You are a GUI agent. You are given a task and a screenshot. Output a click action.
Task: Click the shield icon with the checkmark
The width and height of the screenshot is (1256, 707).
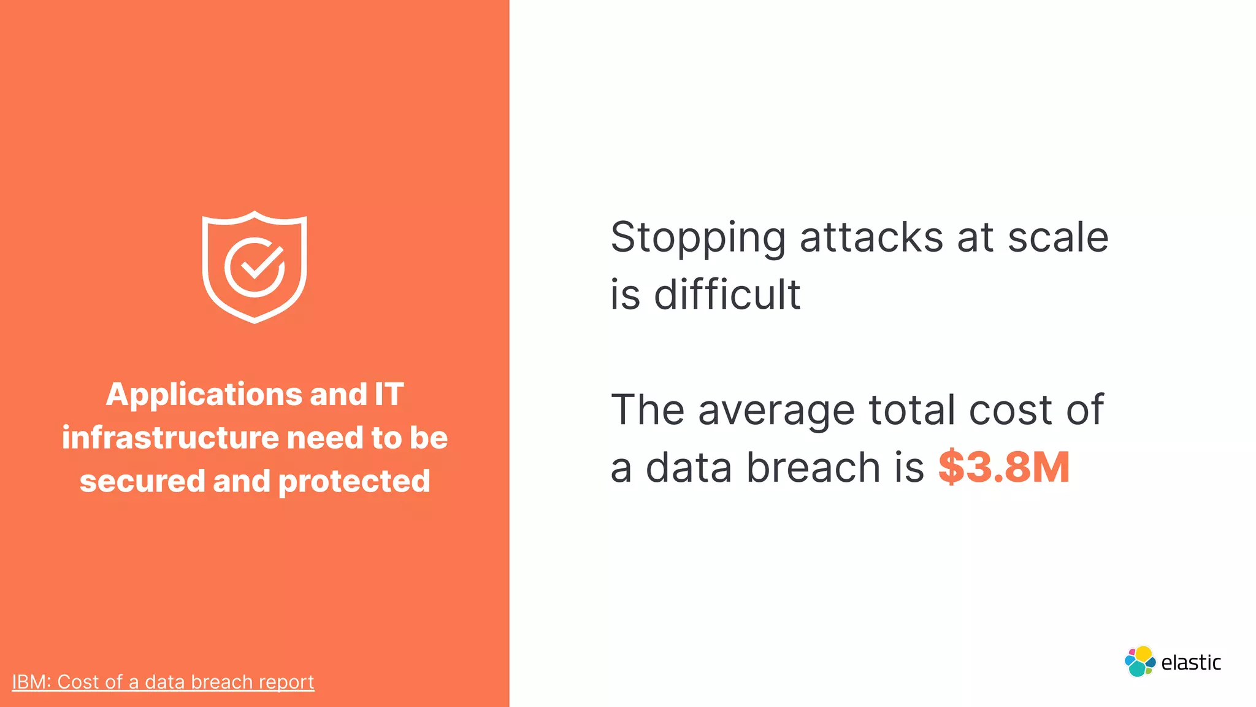click(255, 267)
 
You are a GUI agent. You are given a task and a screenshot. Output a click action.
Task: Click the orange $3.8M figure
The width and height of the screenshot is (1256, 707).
click(1004, 468)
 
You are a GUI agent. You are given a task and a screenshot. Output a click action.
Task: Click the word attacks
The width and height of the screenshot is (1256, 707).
click(871, 238)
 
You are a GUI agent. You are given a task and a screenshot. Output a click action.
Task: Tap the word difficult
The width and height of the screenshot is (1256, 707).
click(727, 295)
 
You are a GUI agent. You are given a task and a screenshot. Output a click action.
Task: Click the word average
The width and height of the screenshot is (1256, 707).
click(776, 411)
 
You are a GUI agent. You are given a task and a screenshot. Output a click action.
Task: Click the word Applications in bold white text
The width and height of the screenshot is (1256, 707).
click(204, 395)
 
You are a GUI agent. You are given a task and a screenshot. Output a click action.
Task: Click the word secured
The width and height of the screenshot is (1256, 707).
click(142, 481)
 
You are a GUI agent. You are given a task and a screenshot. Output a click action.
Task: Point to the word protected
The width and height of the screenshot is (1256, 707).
click(354, 481)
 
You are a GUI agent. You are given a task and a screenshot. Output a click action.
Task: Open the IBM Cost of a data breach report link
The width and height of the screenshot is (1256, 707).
click(163, 682)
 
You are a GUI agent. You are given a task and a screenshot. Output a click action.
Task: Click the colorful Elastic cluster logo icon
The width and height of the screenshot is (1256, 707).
click(1139, 662)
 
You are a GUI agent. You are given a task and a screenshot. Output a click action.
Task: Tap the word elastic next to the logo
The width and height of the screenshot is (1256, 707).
click(1191, 663)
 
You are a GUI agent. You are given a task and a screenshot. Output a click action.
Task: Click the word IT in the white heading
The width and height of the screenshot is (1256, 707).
click(389, 395)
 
